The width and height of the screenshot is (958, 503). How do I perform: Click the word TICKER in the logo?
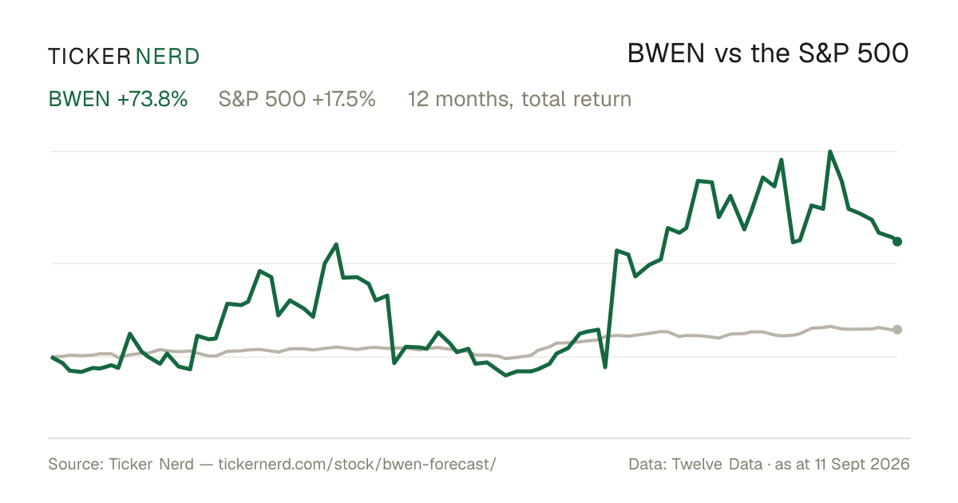click(89, 57)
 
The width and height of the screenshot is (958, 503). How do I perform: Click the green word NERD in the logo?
click(168, 57)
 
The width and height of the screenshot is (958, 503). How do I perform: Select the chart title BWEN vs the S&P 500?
click(768, 53)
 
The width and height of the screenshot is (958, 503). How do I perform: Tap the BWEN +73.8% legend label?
click(118, 99)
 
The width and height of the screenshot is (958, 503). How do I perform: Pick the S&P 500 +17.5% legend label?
click(297, 99)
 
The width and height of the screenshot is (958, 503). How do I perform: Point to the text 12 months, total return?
click(519, 99)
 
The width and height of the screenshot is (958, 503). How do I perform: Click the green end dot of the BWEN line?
click(897, 242)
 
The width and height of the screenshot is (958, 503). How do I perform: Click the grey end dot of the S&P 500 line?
click(897, 329)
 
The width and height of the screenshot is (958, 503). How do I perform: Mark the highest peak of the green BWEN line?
click(830, 152)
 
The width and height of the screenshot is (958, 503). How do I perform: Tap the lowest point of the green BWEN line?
click(505, 375)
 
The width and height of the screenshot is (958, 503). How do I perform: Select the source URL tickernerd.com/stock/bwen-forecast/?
click(357, 464)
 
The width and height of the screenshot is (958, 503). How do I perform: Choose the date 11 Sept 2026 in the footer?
click(862, 464)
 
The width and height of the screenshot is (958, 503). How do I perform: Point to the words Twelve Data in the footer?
click(717, 464)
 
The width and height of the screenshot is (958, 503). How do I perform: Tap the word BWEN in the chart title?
click(666, 53)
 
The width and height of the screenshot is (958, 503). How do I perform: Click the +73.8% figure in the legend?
click(152, 99)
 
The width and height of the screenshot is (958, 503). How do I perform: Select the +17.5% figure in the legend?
click(344, 99)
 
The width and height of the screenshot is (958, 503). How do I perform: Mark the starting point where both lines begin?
click(52, 357)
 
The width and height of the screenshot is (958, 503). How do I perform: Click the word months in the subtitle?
click(471, 99)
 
